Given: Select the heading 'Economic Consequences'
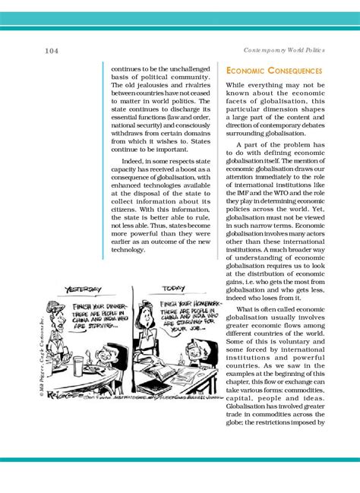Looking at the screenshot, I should [274, 71].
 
